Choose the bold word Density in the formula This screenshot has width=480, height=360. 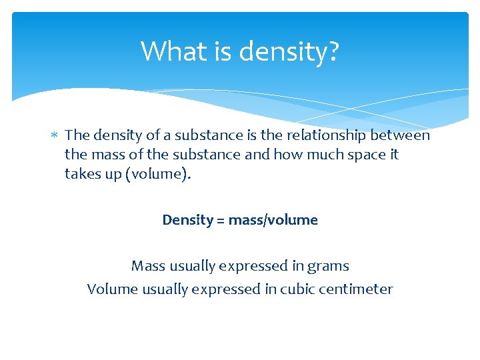tap(187, 220)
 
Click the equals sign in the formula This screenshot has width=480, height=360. tap(221, 220)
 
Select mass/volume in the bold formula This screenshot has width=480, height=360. tap(273, 220)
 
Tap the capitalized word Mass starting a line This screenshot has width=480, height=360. tap(148, 266)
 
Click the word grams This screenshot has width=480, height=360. tap(329, 266)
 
